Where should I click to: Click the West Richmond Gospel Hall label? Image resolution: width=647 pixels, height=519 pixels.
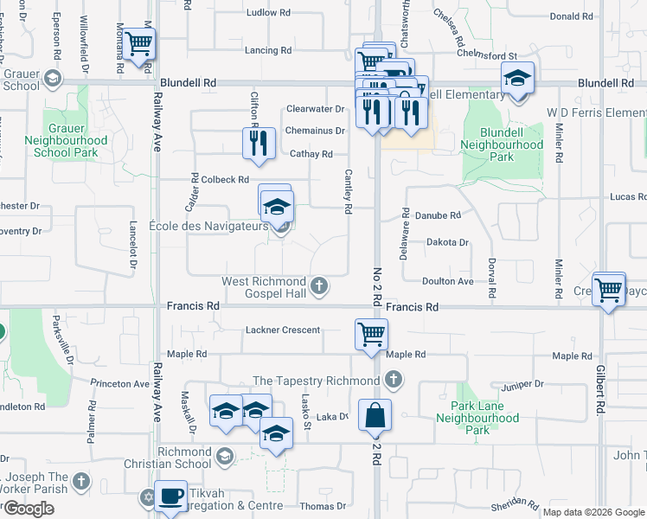[264, 282]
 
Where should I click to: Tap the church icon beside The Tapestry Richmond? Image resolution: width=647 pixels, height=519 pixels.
[394, 380]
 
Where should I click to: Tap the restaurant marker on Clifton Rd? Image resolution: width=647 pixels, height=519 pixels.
[257, 143]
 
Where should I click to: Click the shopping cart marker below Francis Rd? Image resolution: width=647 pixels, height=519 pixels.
[371, 333]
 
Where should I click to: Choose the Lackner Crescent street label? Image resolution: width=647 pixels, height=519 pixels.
[283, 330]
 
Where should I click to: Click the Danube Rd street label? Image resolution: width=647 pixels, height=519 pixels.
[443, 215]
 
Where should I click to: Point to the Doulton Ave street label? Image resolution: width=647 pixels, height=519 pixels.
[448, 282]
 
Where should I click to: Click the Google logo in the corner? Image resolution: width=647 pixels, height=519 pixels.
[29, 509]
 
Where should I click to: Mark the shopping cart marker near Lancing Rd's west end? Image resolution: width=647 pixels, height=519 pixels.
[138, 43]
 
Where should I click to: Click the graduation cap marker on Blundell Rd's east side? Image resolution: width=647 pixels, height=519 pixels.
[517, 79]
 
